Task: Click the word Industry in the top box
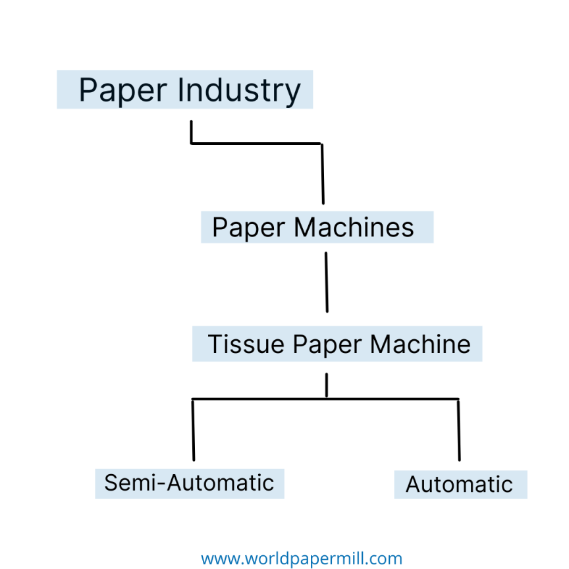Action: point(240,90)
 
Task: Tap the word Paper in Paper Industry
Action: point(122,90)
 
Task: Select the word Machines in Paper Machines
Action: point(354,228)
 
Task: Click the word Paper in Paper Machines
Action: point(249,228)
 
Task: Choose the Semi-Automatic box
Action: point(189,483)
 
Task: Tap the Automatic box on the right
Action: point(460,485)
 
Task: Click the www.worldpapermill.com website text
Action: point(301,559)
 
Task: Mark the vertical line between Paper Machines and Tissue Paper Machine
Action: point(326,282)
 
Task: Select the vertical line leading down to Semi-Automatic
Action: point(193,429)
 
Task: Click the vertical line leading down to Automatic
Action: point(458,429)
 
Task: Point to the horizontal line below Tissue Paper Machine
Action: point(263,399)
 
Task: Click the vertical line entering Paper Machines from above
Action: point(322,174)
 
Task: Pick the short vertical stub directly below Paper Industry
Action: point(191,132)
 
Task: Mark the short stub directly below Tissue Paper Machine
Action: point(327,386)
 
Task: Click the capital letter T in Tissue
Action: point(213,344)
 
